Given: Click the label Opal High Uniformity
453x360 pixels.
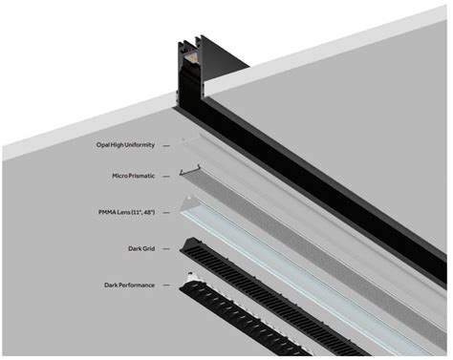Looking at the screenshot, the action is pos(125,145).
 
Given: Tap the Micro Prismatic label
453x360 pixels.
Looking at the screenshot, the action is pos(133,176).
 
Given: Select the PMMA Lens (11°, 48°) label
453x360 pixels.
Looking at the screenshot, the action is pos(127,212).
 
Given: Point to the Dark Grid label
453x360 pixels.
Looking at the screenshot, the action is pos(141,248).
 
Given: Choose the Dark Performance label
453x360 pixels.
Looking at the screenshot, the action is pos(129,286).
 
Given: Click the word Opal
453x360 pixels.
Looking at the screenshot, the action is pos(103,145).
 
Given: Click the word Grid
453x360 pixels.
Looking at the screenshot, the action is pos(148,248).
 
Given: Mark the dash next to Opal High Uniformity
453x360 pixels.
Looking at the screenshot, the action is pos(166,146).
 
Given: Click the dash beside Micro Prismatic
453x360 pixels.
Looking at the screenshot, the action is pos(166,177).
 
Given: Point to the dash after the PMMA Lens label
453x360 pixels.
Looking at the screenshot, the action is pos(166,213).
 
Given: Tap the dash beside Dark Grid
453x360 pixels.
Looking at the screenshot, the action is pos(166,249).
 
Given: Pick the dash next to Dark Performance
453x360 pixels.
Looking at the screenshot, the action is pos(166,286).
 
